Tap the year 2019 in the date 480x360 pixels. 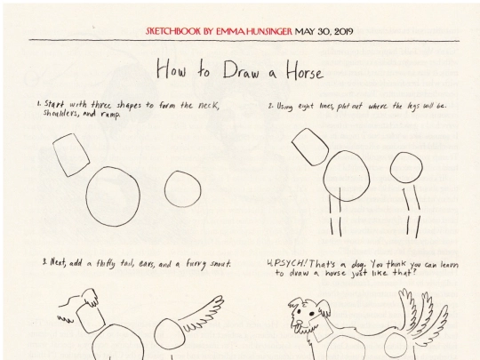click(344, 31)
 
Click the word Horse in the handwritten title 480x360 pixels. click(305, 71)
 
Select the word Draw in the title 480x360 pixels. click(242, 70)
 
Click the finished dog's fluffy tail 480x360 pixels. click(422, 312)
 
